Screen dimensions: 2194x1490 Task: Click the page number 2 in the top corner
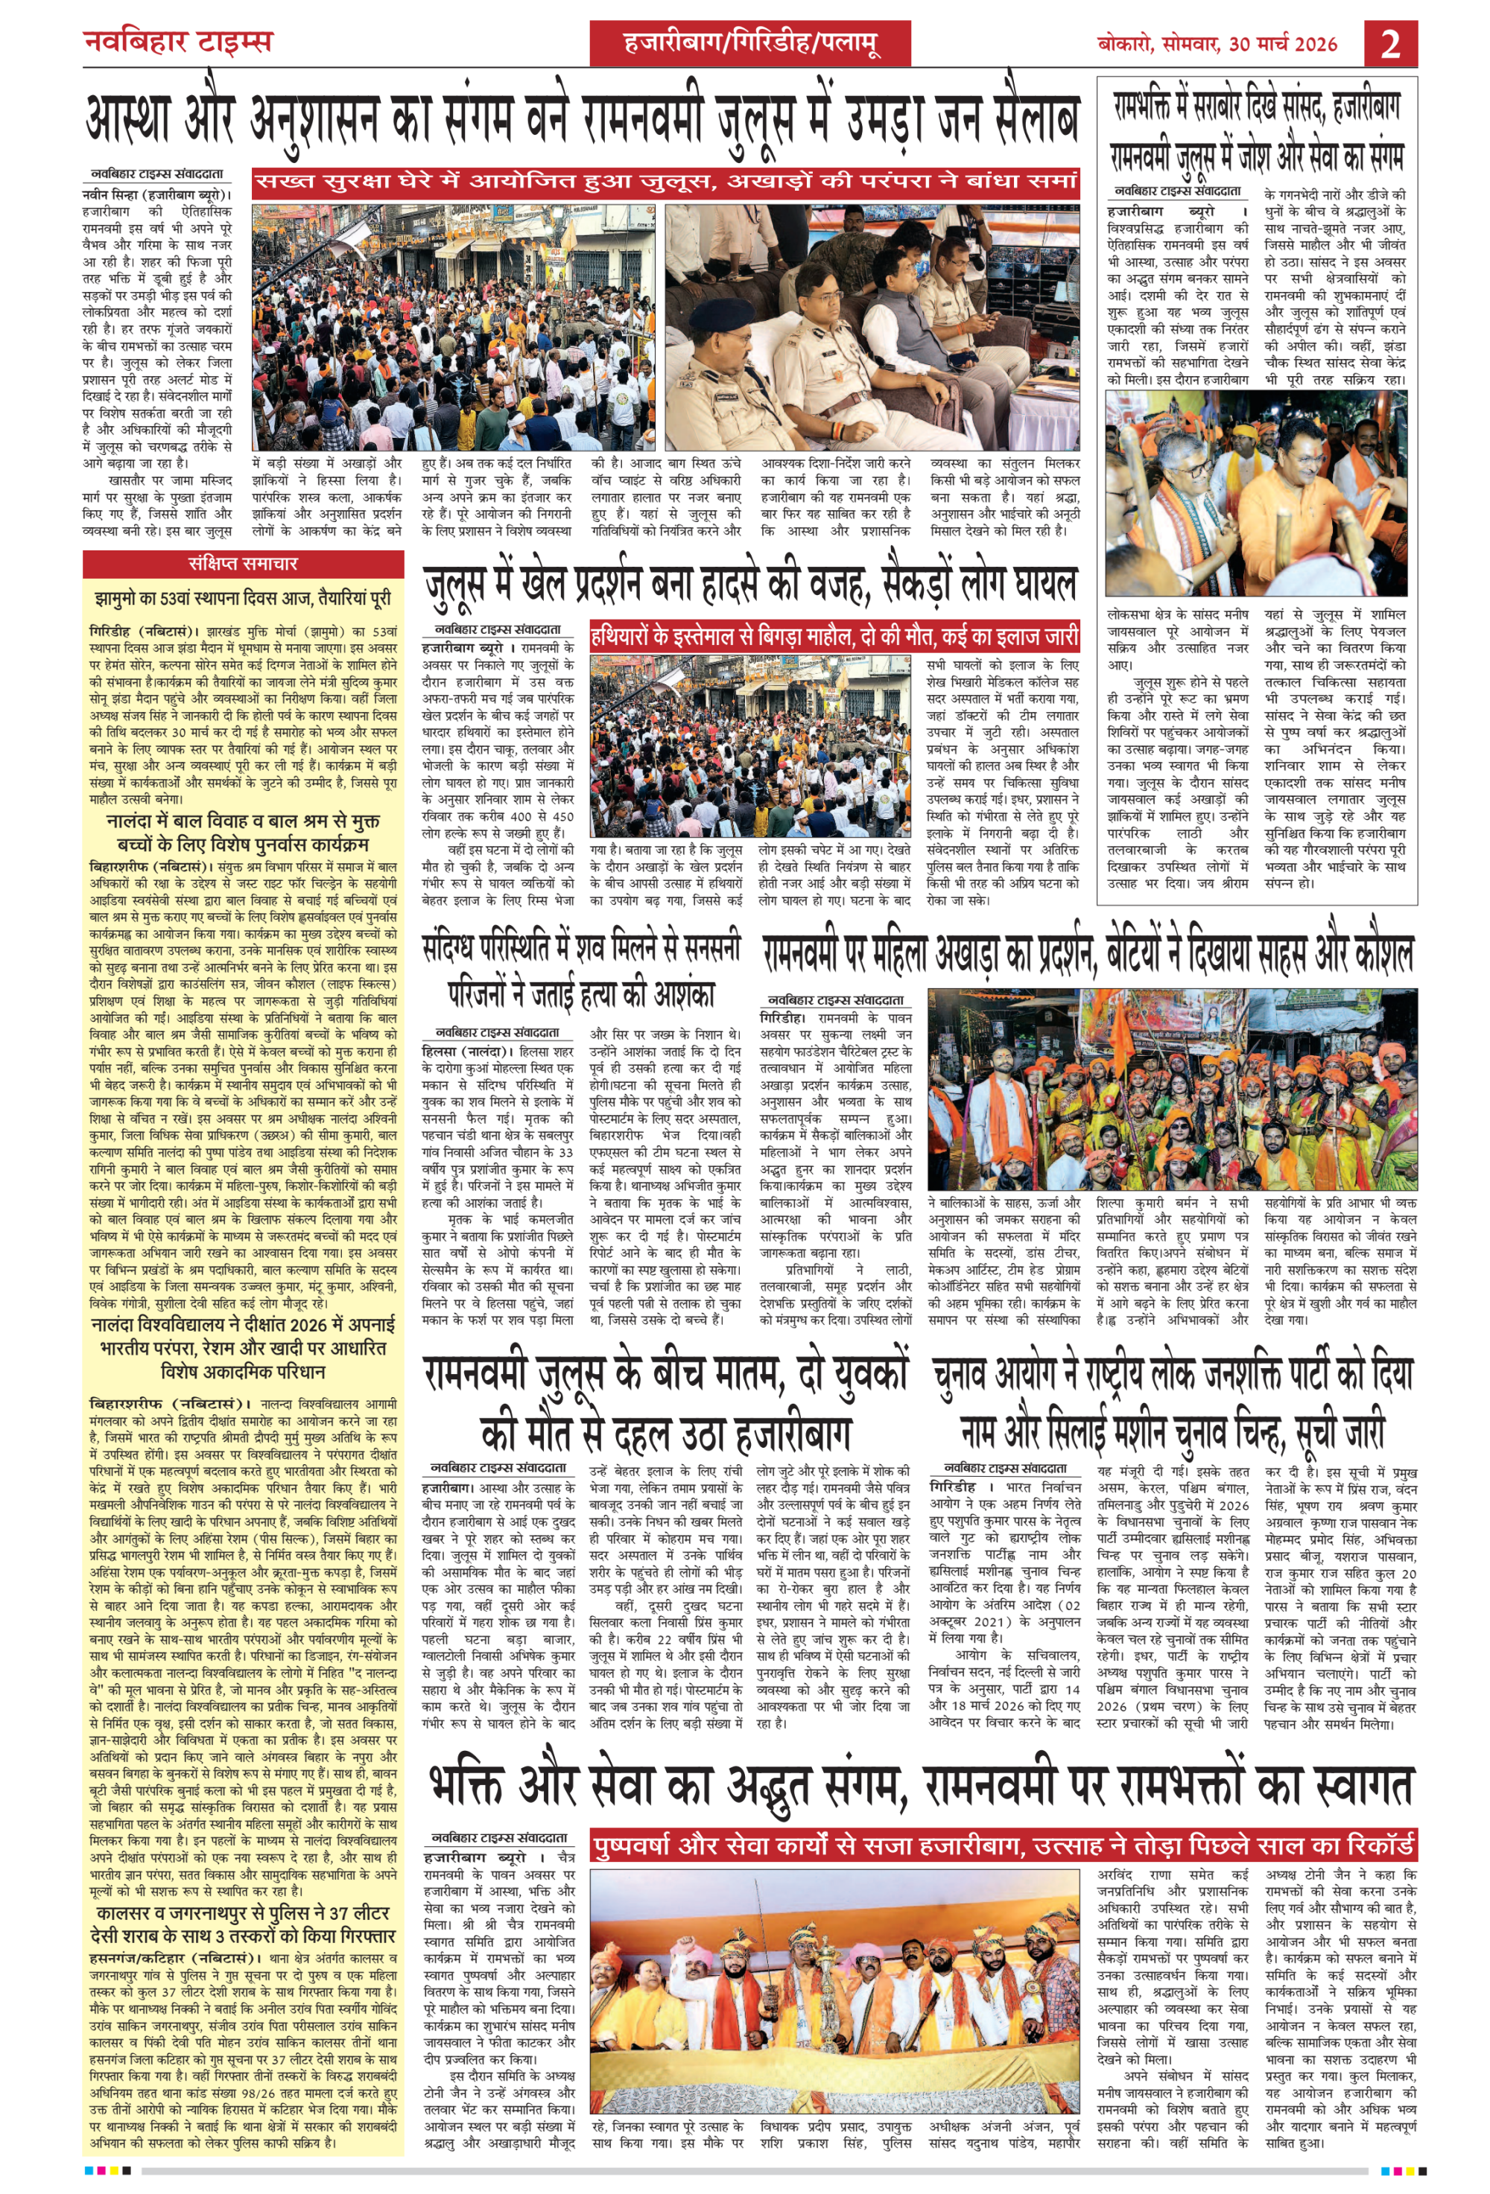(1390, 43)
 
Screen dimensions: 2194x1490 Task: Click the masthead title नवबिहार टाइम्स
(177, 42)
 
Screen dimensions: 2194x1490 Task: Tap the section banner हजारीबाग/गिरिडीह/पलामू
(751, 43)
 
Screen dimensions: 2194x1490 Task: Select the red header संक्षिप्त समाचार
(243, 564)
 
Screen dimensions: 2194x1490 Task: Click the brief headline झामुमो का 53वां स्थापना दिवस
(243, 599)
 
